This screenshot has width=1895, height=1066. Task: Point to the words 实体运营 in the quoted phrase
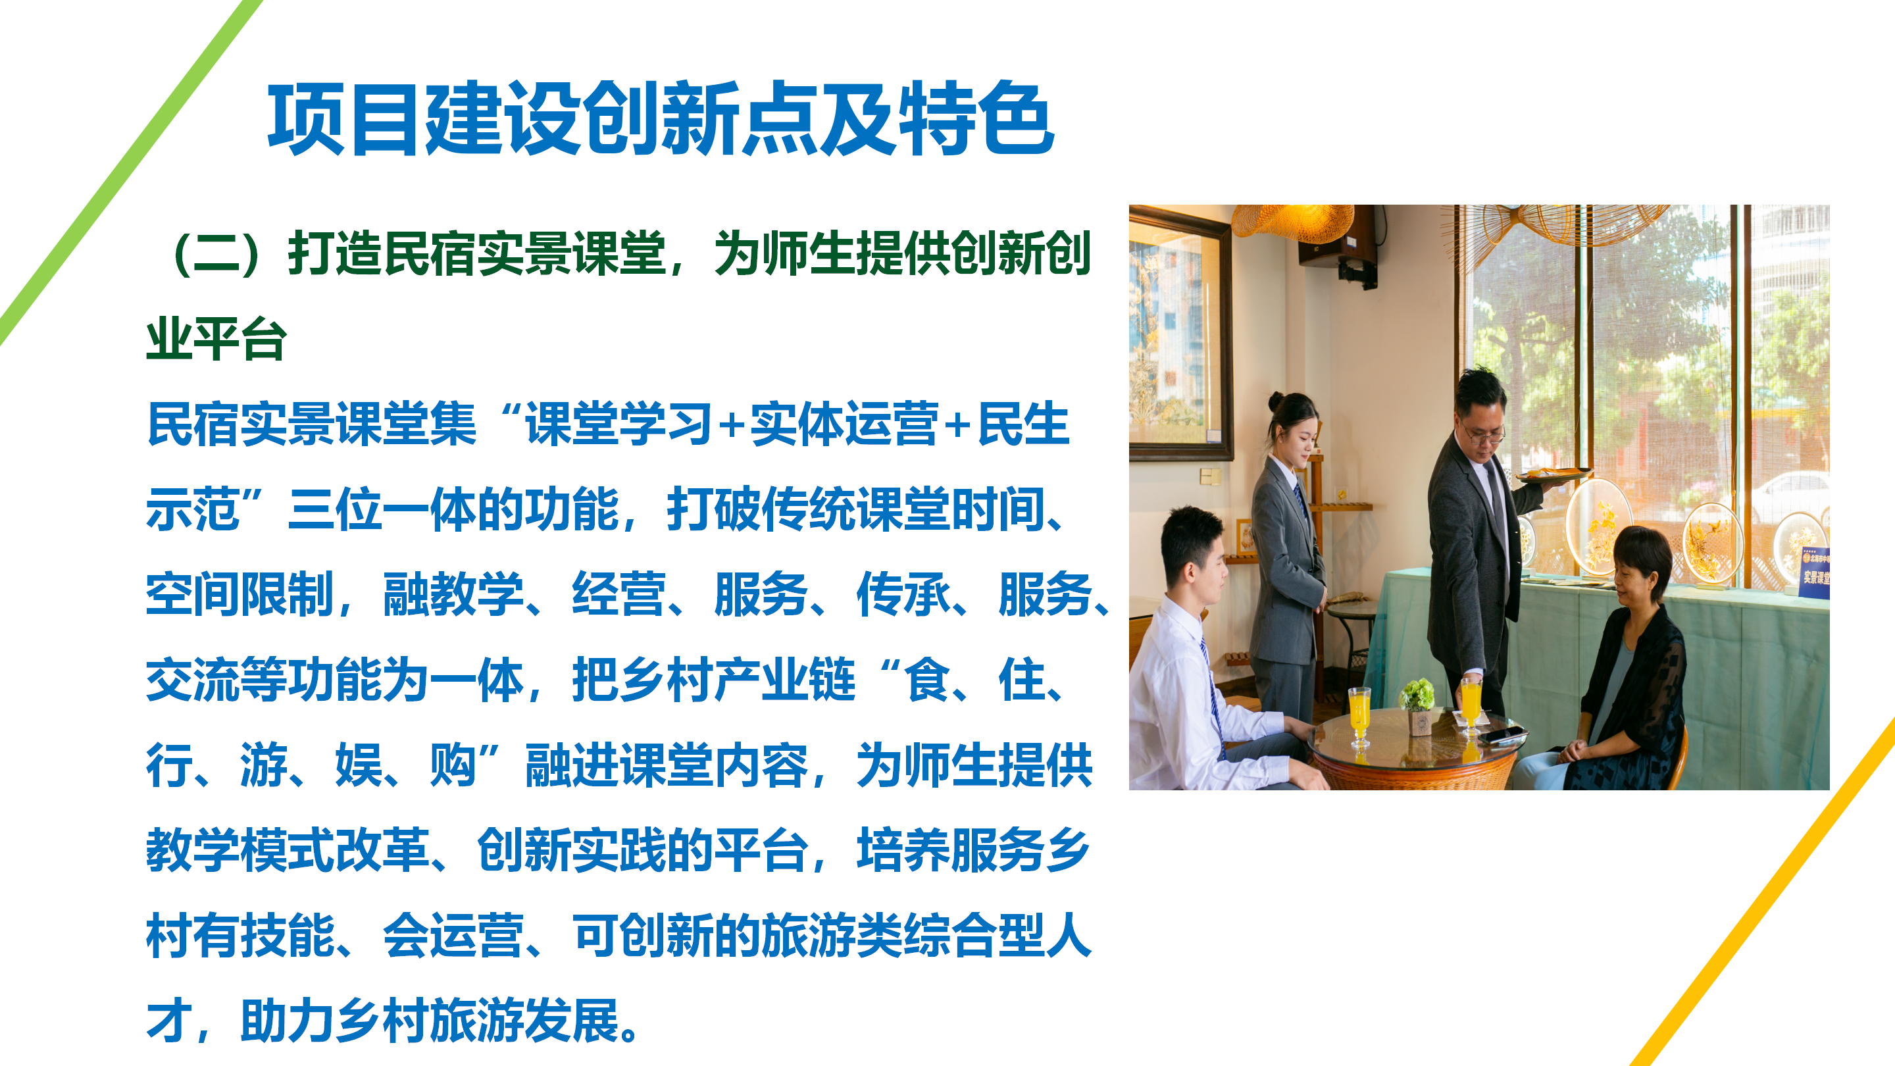[x=843, y=424]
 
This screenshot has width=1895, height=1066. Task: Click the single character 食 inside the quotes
[x=928, y=680]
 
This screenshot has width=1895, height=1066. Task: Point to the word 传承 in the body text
[x=903, y=594]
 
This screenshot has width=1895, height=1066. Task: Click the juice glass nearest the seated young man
[x=1359, y=717]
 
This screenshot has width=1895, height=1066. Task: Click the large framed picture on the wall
[x=1180, y=335]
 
